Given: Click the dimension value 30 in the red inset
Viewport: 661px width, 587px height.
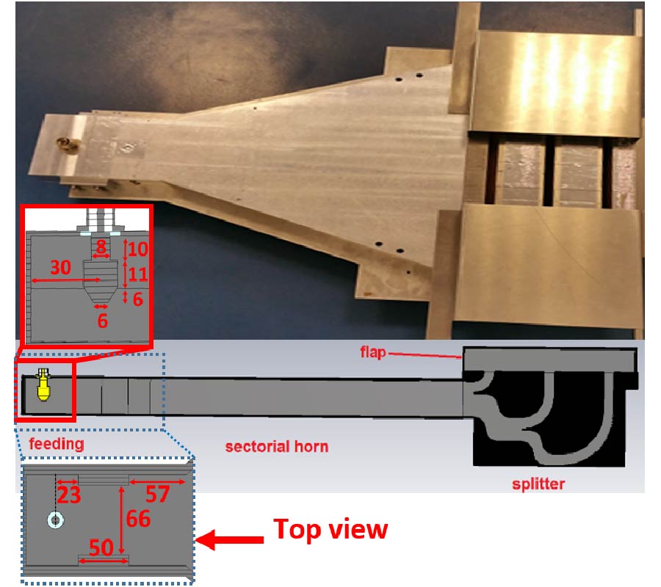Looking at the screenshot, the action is pyautogui.click(x=60, y=267).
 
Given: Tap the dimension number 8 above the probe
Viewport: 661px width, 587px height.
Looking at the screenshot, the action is pyautogui.click(x=101, y=246).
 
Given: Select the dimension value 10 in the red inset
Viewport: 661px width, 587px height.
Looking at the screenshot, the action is pyautogui.click(x=138, y=249).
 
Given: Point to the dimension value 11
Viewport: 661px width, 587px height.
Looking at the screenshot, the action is pyautogui.click(x=138, y=274).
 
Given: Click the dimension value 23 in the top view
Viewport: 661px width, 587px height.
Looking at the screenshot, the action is pyautogui.click(x=69, y=495).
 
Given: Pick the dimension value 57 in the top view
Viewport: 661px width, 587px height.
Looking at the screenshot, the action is pyautogui.click(x=158, y=494).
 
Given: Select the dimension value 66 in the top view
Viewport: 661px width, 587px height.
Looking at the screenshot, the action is pyautogui.click(x=138, y=519).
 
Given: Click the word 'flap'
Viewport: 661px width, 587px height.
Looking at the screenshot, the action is pyautogui.click(x=373, y=352).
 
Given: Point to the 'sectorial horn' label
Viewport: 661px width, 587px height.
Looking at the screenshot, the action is pyautogui.click(x=277, y=447).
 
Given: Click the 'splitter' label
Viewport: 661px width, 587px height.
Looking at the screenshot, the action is pyautogui.click(x=538, y=484).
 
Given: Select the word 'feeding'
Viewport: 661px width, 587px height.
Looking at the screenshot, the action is pyautogui.click(x=57, y=444).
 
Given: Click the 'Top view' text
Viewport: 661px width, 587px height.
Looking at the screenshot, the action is pyautogui.click(x=330, y=529).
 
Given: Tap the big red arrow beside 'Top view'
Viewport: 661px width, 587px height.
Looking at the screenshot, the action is pyautogui.click(x=230, y=540).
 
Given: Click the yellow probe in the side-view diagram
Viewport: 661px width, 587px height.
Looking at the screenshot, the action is pyautogui.click(x=43, y=385).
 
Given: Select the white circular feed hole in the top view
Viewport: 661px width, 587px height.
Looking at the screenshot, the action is pyautogui.click(x=55, y=520).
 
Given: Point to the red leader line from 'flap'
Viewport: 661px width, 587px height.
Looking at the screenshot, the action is pyautogui.click(x=425, y=355).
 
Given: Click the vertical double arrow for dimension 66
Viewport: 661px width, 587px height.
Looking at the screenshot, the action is pyautogui.click(x=121, y=520).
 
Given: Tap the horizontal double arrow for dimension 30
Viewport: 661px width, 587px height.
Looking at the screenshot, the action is pyautogui.click(x=66, y=280).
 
